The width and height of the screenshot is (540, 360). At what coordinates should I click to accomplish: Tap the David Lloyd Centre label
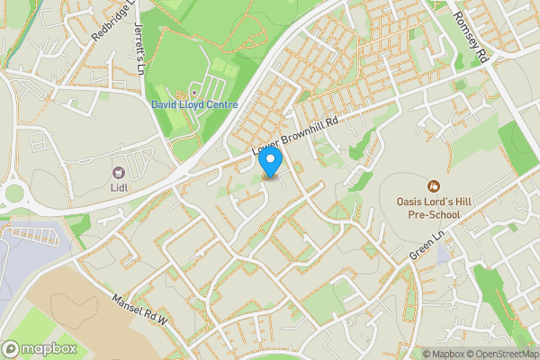pyautogui.click(x=194, y=105)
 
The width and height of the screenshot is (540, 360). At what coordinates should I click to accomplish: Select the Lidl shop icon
pyautogui.click(x=116, y=171)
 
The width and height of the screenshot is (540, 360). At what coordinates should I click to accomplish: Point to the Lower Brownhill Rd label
pyautogui.click(x=296, y=137)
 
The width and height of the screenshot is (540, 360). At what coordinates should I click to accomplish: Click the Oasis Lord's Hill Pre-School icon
pyautogui.click(x=434, y=186)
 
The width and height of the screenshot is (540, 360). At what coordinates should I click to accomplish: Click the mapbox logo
pyautogui.click(x=38, y=348)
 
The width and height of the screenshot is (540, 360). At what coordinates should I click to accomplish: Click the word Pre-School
pyautogui.click(x=435, y=213)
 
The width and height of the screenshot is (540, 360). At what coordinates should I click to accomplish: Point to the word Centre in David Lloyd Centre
pyautogui.click(x=220, y=105)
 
